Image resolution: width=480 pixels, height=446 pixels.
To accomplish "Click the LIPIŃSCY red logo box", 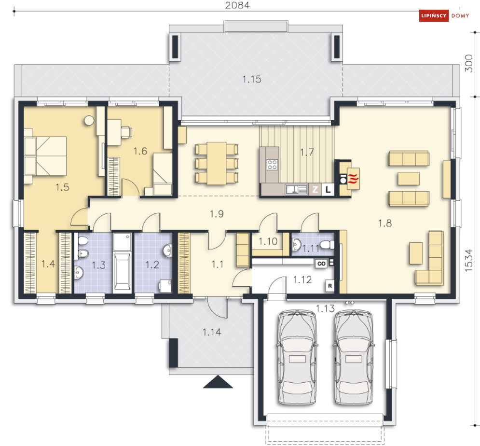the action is (x=434, y=15).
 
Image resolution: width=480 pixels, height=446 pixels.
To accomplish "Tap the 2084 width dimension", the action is (x=237, y=5).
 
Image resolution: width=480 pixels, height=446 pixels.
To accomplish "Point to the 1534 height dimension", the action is (x=469, y=260).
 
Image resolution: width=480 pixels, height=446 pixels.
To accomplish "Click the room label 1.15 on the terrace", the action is (x=252, y=79).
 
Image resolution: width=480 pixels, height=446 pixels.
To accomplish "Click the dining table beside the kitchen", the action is (x=217, y=163).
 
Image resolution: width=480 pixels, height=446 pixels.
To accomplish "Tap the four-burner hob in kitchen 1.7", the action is (x=272, y=165).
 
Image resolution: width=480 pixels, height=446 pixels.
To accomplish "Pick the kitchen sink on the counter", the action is (x=296, y=190).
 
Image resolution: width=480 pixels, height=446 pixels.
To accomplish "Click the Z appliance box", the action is (x=315, y=190).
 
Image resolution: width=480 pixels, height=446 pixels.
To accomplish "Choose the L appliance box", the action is (x=328, y=190).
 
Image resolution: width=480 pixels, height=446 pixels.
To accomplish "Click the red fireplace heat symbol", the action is (x=353, y=179).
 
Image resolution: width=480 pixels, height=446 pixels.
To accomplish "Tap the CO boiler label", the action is (x=321, y=264).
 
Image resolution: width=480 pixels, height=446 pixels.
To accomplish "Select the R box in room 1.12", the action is (x=329, y=286).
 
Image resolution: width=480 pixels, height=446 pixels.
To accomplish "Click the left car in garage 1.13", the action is (x=297, y=357).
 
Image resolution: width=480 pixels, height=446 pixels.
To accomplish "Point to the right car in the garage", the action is (x=354, y=357).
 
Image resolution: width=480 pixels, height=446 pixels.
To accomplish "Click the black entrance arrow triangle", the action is (x=218, y=382).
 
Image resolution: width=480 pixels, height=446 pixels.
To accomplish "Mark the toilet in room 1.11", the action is (x=327, y=245).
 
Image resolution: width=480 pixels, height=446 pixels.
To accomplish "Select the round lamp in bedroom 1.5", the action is (x=89, y=120).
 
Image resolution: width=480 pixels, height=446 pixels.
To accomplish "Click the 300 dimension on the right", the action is (x=469, y=64).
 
